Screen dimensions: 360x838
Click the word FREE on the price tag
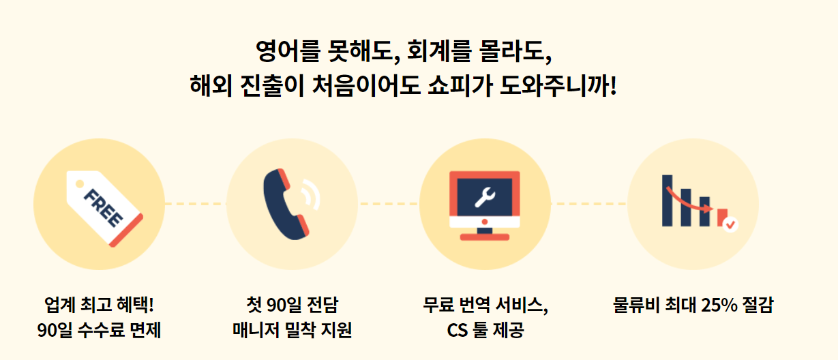coord(103,207)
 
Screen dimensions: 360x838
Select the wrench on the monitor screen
coord(484,197)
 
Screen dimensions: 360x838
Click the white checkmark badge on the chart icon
coord(730,222)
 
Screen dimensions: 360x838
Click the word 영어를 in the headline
coord(281,50)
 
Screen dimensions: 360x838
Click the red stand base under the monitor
coord(484,237)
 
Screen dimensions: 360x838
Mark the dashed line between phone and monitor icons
coord(388,203)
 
